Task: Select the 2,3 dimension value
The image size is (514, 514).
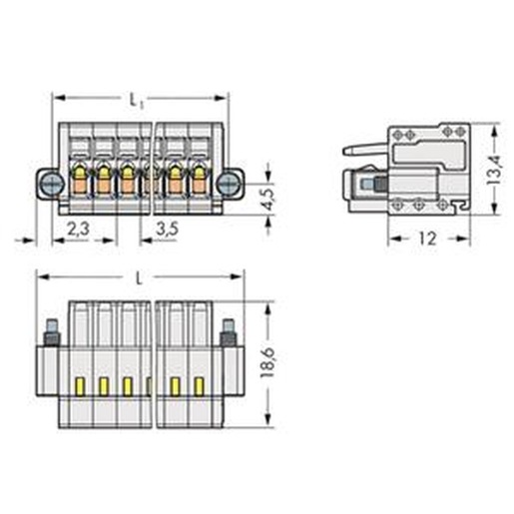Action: pyautogui.click(x=78, y=229)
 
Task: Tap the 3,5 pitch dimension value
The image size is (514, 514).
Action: pyautogui.click(x=168, y=229)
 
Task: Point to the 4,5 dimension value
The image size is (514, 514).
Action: pyautogui.click(x=268, y=199)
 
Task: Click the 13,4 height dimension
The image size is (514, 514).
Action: pyautogui.click(x=494, y=170)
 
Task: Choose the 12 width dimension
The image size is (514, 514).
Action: pyautogui.click(x=427, y=239)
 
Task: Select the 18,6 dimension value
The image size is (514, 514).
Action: pyautogui.click(x=267, y=362)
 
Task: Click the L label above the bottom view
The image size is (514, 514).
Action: pyautogui.click(x=139, y=279)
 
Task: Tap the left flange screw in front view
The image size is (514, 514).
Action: pyautogui.click(x=53, y=184)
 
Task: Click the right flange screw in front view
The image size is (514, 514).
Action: pyautogui.click(x=228, y=184)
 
